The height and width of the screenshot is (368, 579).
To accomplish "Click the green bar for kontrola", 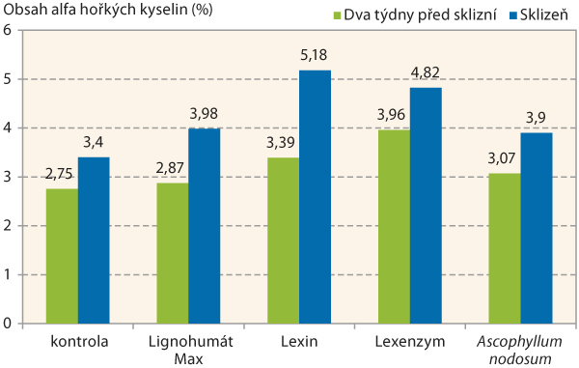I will coord(62,256).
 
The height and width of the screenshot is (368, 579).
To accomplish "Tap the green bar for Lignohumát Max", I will coord(173,253).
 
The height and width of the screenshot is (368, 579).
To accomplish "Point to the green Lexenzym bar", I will coord(394,227).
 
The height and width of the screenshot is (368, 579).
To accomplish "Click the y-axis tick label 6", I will coord(8,30).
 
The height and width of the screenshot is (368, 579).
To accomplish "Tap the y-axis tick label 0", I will coord(8,324).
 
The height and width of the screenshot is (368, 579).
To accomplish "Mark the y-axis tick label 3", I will coord(8,177).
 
